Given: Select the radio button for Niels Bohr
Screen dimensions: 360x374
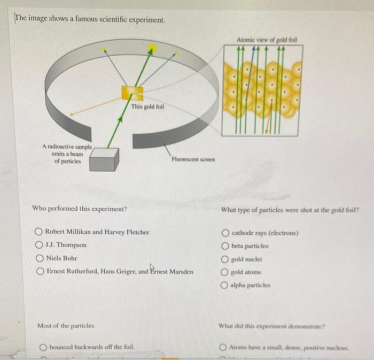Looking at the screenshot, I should (x=39, y=258).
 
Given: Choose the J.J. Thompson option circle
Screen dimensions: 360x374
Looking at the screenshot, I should (x=39, y=245).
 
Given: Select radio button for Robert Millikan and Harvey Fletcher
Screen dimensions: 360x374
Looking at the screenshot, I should (x=39, y=232).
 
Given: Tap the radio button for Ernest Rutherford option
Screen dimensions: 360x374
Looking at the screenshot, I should (x=39, y=271).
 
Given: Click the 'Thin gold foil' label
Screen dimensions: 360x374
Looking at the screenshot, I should (x=148, y=107).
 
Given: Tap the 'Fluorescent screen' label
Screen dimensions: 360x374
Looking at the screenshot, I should (x=193, y=159).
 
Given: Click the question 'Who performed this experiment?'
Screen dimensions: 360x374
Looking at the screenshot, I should (x=80, y=208).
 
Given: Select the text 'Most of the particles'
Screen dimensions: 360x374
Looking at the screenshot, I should (x=66, y=325).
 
